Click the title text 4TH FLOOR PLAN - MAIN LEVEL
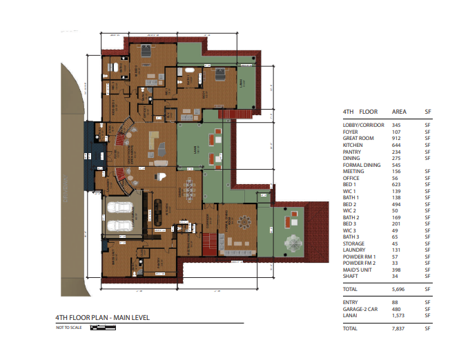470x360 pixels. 102,318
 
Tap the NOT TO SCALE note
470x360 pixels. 69,327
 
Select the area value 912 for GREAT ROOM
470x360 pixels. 396,137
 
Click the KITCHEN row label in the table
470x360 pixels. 353,144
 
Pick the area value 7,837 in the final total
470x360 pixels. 398,329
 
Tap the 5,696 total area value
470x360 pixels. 398,290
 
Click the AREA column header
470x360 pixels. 399,112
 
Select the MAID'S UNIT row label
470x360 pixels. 357,270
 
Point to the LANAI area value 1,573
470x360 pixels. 398,315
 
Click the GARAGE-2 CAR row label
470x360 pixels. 360,309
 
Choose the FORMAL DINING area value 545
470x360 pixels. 396,164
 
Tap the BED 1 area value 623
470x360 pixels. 396,184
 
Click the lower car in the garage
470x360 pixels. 118,227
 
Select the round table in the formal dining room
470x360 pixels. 244,223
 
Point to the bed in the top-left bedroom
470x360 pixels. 146,51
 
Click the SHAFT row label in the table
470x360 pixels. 351,277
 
